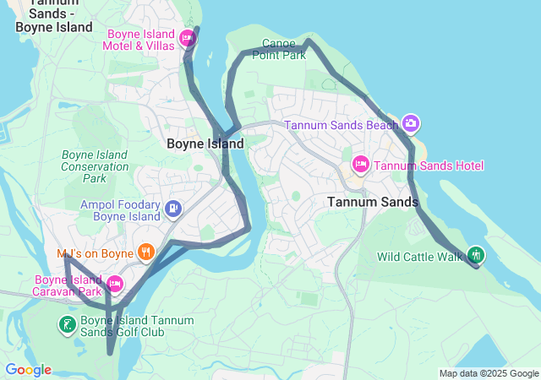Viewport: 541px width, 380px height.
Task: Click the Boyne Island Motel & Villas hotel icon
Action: [187, 38]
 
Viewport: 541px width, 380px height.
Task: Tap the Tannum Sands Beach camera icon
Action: [411, 124]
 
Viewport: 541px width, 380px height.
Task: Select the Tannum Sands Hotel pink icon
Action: [360, 165]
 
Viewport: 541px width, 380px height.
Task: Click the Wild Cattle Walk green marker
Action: [476, 255]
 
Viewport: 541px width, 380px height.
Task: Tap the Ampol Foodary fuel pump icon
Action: [172, 208]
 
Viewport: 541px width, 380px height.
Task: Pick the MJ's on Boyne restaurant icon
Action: [146, 252]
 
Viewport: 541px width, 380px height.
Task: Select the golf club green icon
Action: [67, 324]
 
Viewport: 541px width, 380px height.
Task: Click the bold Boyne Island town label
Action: [205, 144]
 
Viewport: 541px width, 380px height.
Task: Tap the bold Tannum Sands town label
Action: [372, 202]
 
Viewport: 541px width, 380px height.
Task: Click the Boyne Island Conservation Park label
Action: [95, 166]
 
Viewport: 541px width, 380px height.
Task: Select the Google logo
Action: [28, 370]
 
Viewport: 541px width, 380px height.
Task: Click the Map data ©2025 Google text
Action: [488, 373]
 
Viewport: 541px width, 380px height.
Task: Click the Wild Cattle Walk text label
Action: [420, 256]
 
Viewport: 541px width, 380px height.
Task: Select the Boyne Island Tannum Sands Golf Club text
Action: [137, 326]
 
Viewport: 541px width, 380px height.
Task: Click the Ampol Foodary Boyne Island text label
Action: [120, 210]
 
